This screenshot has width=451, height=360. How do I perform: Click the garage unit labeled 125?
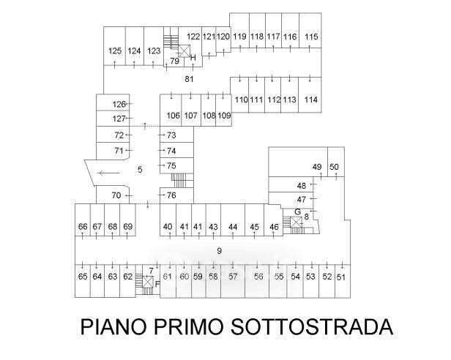115,50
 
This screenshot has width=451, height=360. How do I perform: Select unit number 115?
311,37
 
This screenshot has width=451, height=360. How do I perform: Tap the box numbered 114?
311,100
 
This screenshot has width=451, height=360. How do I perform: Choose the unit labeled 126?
119,104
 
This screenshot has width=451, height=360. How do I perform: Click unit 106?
173,116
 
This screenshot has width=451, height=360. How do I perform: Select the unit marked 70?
116,195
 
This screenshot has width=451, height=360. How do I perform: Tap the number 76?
171,195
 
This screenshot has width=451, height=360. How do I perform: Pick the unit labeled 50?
334,167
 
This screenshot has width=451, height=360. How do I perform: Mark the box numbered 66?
83,227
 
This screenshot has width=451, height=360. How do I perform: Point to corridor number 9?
219,252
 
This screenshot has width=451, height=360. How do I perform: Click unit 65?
83,277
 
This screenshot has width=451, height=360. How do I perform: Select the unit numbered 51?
341,277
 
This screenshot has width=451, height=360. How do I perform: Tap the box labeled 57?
232,277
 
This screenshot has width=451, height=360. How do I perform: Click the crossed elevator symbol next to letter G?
297,221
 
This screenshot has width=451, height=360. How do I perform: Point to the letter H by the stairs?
193,57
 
